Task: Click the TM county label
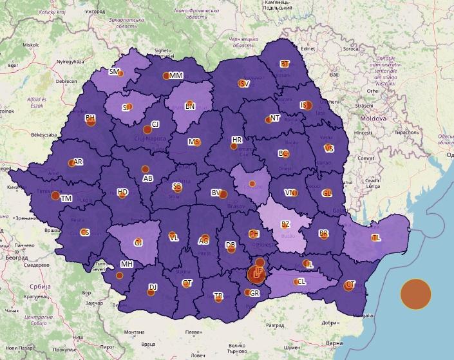[x=66, y=199]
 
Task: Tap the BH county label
[x=90, y=118]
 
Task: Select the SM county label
[x=115, y=72]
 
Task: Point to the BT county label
[x=285, y=64]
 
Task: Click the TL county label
[x=375, y=238]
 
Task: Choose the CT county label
[x=350, y=285]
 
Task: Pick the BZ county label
[x=286, y=225]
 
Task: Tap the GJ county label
[x=138, y=243]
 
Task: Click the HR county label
[x=237, y=140]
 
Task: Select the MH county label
[x=127, y=264]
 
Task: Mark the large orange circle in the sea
[x=415, y=294]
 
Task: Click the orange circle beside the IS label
[x=308, y=106]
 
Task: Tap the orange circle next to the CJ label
[x=147, y=129]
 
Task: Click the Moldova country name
[x=374, y=119]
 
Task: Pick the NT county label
[x=275, y=118]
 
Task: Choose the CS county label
[x=84, y=232]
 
